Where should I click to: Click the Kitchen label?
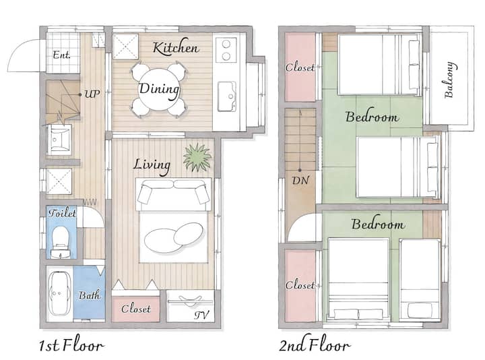click(176, 47)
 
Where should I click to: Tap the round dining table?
click(159, 90)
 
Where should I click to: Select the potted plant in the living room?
click(197, 157)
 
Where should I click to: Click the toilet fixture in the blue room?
click(61, 241)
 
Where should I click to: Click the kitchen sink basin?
click(227, 96)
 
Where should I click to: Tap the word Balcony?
click(449, 80)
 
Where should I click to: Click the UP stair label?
click(92, 94)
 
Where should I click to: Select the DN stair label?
click(300, 181)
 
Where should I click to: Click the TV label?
click(201, 315)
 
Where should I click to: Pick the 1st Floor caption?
click(71, 344)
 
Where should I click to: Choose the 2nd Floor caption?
click(315, 344)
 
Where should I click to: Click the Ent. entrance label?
click(61, 55)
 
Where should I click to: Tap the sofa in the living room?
click(173, 194)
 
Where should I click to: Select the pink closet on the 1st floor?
click(135, 309)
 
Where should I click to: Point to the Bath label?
click(89, 295)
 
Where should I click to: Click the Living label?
click(152, 166)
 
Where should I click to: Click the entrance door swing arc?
click(19, 50)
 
